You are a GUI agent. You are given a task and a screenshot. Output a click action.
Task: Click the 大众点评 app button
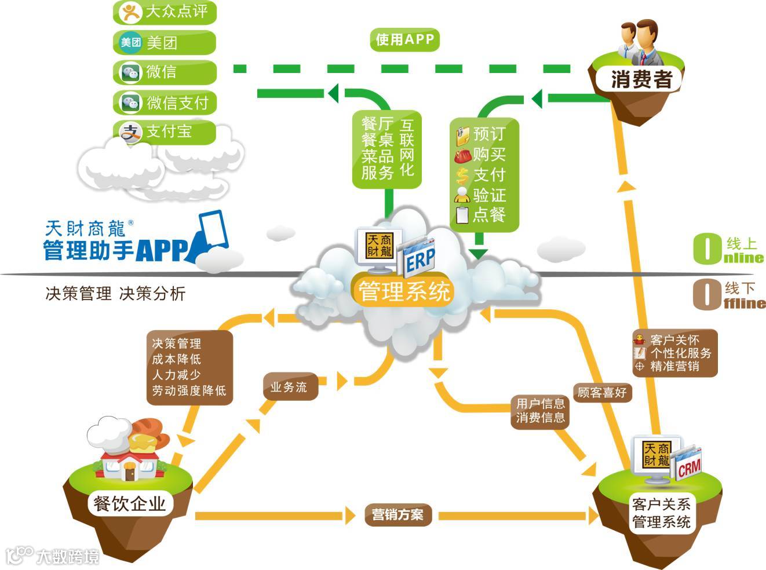165,12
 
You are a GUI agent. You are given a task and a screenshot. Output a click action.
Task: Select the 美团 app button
165,42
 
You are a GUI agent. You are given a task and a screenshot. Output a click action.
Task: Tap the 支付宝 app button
165,131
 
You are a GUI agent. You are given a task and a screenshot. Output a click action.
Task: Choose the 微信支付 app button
165,103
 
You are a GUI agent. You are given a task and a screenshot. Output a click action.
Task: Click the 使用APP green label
404,39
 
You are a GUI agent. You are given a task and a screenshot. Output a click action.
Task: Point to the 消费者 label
641,79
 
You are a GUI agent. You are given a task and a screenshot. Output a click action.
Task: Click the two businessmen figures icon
641,44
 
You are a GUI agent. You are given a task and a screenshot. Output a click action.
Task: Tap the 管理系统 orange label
404,291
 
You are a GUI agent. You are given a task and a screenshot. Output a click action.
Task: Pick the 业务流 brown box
289,387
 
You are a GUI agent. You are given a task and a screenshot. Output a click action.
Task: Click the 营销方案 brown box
397,514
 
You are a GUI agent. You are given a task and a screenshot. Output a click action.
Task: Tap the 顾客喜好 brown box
602,393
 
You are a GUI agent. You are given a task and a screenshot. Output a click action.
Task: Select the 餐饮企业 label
129,503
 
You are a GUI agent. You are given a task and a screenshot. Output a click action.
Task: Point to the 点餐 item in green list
488,215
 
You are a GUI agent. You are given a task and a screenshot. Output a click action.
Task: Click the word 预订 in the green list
488,134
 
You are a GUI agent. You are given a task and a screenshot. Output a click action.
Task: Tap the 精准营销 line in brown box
674,366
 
